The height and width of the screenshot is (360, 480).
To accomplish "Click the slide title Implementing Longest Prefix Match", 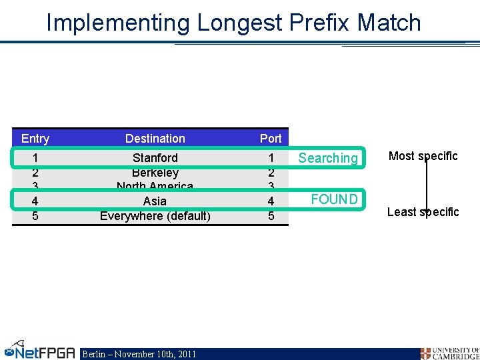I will pos(233,23).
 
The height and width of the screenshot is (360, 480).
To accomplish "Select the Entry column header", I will pos(35,139).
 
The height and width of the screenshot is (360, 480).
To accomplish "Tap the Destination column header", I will pos(155,139).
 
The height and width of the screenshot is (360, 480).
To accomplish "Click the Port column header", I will pos(271,139).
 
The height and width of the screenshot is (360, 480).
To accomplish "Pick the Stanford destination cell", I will pos(155,158).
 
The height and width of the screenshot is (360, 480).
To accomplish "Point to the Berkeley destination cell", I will pos(155,173).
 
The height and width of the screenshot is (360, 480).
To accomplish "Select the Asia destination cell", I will pos(155,201).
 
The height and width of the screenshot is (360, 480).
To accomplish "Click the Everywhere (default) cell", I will pos(155,216).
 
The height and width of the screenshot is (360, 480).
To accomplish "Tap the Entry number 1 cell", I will pos(35,158).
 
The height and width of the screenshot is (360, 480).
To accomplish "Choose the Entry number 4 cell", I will pos(35,201).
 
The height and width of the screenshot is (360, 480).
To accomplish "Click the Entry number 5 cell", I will pos(35,216).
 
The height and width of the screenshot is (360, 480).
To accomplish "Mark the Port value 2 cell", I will pos(271,173).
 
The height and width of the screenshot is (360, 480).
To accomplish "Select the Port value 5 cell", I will pos(271,216).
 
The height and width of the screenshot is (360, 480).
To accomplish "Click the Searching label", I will pos(328,158).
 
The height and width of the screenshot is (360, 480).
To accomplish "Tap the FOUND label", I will pos(334,199).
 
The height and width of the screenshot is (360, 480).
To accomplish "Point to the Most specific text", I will pos(423,156).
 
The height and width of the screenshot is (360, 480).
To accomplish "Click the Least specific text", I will pos(423,212).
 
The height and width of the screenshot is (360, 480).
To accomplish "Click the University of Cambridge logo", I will pos(449,353).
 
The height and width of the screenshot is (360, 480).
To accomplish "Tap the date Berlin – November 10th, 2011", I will pos(139,354).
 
